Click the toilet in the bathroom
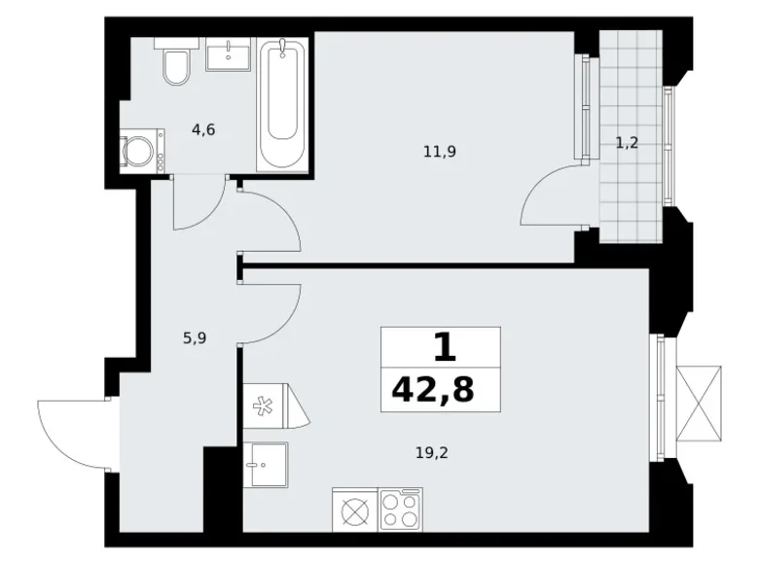click(x=177, y=64)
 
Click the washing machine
click(x=142, y=152)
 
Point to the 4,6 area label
click(x=203, y=129)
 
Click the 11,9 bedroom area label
click(x=439, y=151)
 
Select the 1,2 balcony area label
click(x=627, y=143)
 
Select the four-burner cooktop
click(x=400, y=509)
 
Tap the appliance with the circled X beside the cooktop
click(x=354, y=509)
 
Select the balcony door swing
click(x=553, y=199)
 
